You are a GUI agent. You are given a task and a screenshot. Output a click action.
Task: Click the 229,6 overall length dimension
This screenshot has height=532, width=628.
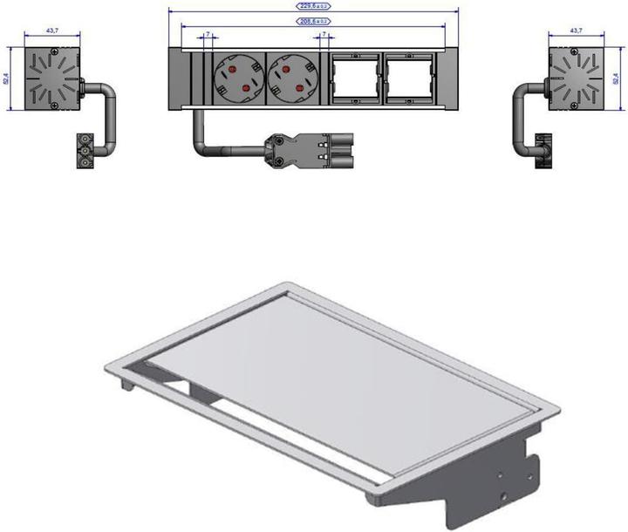[x=311, y=5]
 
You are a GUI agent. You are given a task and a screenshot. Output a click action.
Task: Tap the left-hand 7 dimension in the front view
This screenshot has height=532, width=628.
[x=207, y=36]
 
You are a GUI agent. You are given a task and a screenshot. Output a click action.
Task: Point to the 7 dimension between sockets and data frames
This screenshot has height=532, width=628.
[x=324, y=36]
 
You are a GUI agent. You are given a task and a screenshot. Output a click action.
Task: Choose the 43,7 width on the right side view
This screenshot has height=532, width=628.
[x=576, y=31]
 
